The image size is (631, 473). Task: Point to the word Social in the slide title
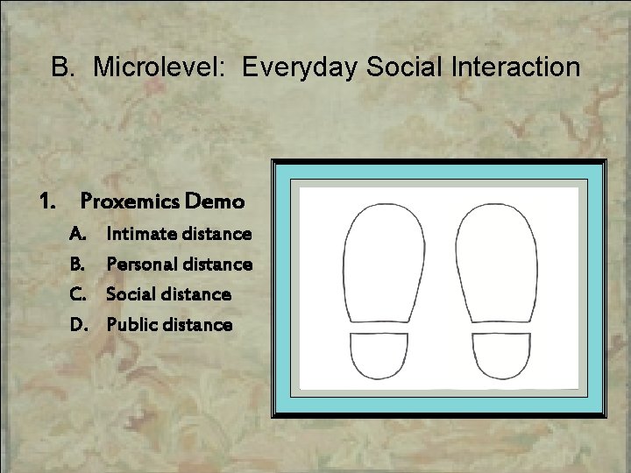pyautogui.click(x=390, y=67)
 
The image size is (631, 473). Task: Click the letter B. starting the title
pyautogui.click(x=64, y=67)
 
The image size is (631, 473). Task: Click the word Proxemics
pyautogui.click(x=128, y=201)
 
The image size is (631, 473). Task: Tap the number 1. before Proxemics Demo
pyautogui.click(x=47, y=201)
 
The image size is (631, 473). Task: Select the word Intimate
pyautogui.click(x=139, y=235)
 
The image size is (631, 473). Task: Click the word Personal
pyautogui.click(x=141, y=264)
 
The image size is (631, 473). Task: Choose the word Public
pyautogui.click(x=131, y=325)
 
